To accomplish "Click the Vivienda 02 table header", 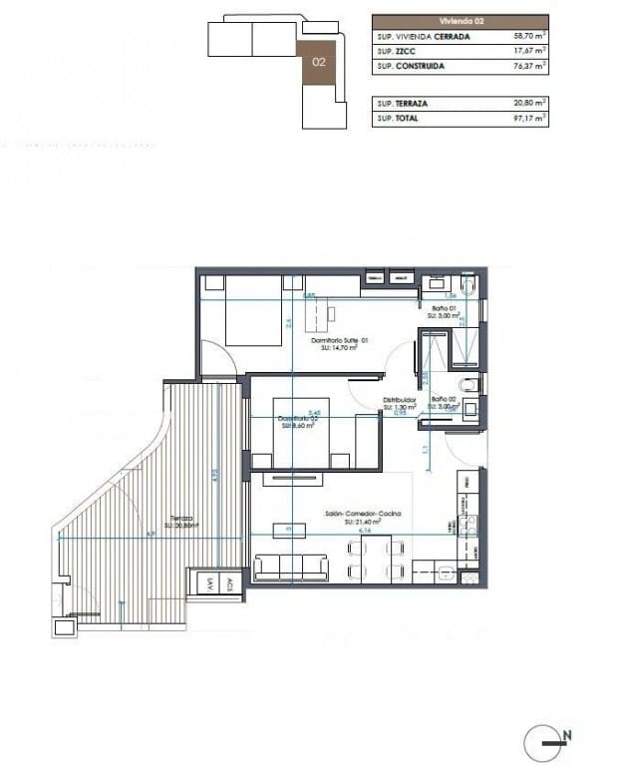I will (460, 21).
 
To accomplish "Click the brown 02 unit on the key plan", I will (319, 62).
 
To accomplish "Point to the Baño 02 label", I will (444, 400).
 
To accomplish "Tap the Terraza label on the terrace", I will (180, 519).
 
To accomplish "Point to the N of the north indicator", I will (567, 736).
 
